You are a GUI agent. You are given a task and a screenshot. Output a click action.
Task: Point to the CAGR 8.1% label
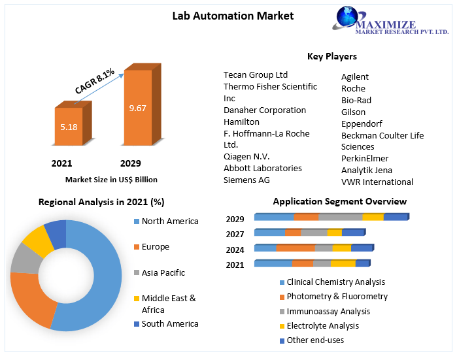click(94, 80)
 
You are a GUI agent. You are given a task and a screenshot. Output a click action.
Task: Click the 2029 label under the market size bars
click(130, 163)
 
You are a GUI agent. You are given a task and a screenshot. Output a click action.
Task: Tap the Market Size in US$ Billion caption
click(111, 179)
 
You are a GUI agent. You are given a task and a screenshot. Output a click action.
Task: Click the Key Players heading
click(331, 56)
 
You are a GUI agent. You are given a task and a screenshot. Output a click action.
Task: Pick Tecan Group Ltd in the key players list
click(255, 74)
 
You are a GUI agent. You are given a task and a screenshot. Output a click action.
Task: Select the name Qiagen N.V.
click(246, 156)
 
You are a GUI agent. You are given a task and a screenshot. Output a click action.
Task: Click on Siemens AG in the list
click(246, 180)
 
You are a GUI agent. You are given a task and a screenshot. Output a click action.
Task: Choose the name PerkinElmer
click(365, 158)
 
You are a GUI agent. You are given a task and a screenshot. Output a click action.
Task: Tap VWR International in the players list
click(377, 182)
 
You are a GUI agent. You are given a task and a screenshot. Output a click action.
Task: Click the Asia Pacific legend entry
click(163, 272)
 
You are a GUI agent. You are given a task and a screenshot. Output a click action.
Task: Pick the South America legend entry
click(169, 323)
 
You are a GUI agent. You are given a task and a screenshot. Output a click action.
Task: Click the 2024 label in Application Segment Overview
click(235, 250)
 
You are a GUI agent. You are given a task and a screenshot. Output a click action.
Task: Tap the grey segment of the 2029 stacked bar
click(340, 217)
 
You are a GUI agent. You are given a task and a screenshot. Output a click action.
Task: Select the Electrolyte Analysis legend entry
click(322, 325)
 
